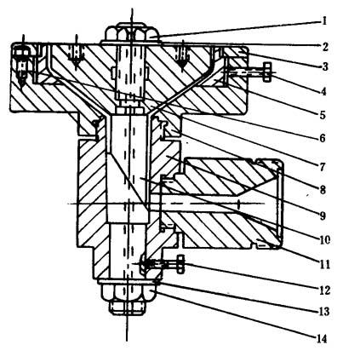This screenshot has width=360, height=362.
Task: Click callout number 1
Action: pyautogui.click(x=324, y=21)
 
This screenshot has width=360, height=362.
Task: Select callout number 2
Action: pyautogui.click(x=325, y=47)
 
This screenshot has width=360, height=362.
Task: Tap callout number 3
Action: pyautogui.click(x=325, y=66)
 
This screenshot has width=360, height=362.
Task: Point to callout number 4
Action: pyautogui.click(x=323, y=91)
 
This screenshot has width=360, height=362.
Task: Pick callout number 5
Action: pyautogui.click(x=322, y=115)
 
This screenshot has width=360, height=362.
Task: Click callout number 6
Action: pyautogui.click(x=322, y=138)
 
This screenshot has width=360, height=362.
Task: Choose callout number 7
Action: pyautogui.click(x=322, y=167)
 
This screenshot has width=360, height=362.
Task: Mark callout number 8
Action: pyautogui.click(x=323, y=190)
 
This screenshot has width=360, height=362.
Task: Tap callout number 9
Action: pyautogui.click(x=323, y=215)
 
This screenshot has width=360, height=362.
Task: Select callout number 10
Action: pyautogui.click(x=324, y=240)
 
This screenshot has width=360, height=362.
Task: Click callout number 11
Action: pyautogui.click(x=325, y=265)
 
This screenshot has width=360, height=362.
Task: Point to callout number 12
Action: pyautogui.click(x=324, y=290)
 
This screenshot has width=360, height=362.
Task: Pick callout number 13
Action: pyautogui.click(x=323, y=312)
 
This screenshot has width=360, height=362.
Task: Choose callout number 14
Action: pyautogui.click(x=322, y=339)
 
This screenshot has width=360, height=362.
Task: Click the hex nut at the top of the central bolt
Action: pyautogui.click(x=132, y=33)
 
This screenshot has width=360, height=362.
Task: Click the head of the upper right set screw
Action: pyautogui.click(x=266, y=72)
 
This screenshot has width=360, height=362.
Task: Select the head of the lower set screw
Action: pyautogui.click(x=180, y=264)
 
